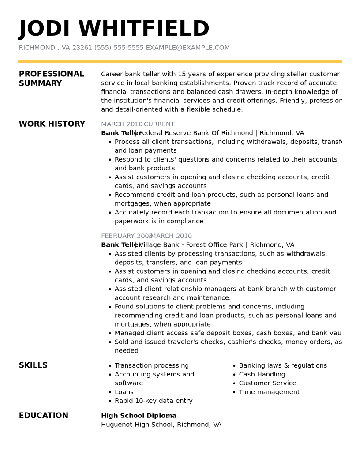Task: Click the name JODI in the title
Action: point(44,29)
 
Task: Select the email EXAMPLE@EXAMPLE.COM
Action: point(187,48)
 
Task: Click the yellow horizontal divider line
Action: point(180,61)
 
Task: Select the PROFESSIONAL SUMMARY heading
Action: point(51,79)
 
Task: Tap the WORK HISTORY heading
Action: point(52,124)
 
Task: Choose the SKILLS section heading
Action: point(33,365)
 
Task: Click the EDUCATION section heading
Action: point(44,415)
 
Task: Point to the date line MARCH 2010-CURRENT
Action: point(138,124)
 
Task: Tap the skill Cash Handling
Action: point(262,374)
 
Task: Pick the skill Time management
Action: point(269,392)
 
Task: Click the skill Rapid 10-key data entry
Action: point(154,401)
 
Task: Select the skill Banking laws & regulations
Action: point(283,365)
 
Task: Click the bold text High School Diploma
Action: point(139,416)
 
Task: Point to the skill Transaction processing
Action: point(152,365)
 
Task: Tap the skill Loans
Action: point(124,392)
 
